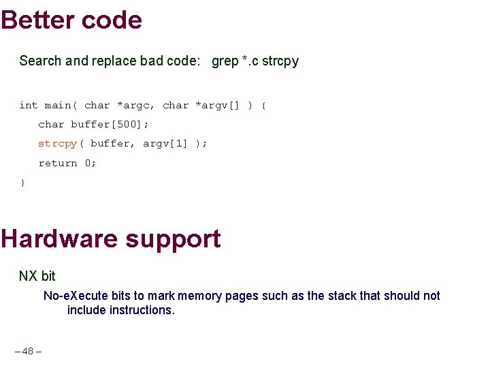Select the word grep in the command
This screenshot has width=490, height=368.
coord(225,61)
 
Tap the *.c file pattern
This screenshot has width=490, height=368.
coord(250,61)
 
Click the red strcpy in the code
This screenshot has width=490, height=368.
coord(57,143)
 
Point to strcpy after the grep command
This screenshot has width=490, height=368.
coord(280,61)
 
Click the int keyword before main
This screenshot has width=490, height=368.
coord(28,105)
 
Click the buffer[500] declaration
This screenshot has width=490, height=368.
coord(109,124)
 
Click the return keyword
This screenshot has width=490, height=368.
coord(57,163)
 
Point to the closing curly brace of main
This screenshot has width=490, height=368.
coord(22,182)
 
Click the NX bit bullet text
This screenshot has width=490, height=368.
coord(37,276)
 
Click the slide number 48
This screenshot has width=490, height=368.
coord(28,351)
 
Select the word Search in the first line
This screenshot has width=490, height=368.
coord(40,61)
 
